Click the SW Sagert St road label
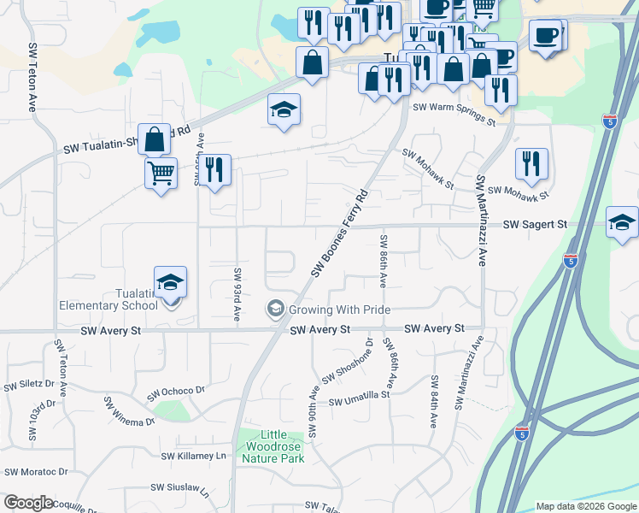(x=535, y=224)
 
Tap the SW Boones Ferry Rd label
(x=339, y=233)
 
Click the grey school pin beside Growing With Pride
(x=275, y=309)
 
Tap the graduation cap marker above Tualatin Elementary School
(x=170, y=282)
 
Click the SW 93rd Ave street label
(x=236, y=293)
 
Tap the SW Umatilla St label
(x=359, y=400)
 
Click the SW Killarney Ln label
(x=193, y=456)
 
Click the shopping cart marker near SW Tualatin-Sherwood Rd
(x=161, y=174)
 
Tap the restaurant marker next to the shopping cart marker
(x=214, y=169)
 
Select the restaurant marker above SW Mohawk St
(x=531, y=164)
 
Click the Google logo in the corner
(x=28, y=503)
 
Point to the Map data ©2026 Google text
(x=585, y=506)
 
